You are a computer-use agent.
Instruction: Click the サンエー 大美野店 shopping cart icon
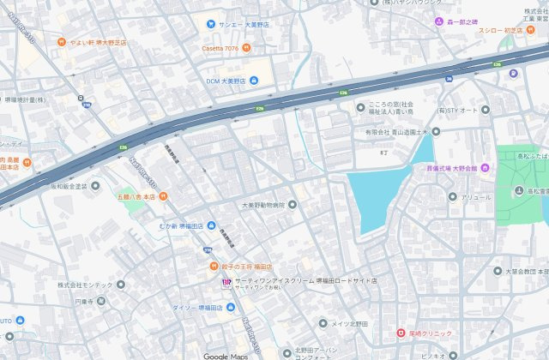pos(210,25)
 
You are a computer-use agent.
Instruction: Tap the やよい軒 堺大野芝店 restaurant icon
pos(61,41)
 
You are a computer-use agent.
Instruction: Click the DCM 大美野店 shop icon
pos(254,81)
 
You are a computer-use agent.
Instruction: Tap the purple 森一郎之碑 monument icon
pos(437,22)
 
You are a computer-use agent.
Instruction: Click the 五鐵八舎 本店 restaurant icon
pos(163,198)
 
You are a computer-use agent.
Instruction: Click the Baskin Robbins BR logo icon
pos(226,281)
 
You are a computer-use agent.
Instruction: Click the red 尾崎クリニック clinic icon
pos(400,333)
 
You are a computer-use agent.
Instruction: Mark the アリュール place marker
pos(454,197)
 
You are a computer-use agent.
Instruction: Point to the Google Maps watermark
pos(226,355)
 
